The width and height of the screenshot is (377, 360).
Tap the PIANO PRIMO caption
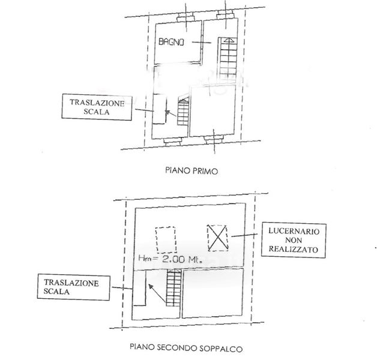(x=190, y=170)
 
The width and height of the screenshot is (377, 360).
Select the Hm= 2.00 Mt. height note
(x=170, y=260)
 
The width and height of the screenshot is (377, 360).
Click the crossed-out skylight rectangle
(x=218, y=238)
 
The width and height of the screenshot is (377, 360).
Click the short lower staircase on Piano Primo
(x=182, y=112)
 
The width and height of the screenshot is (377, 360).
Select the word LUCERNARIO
(x=293, y=230)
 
